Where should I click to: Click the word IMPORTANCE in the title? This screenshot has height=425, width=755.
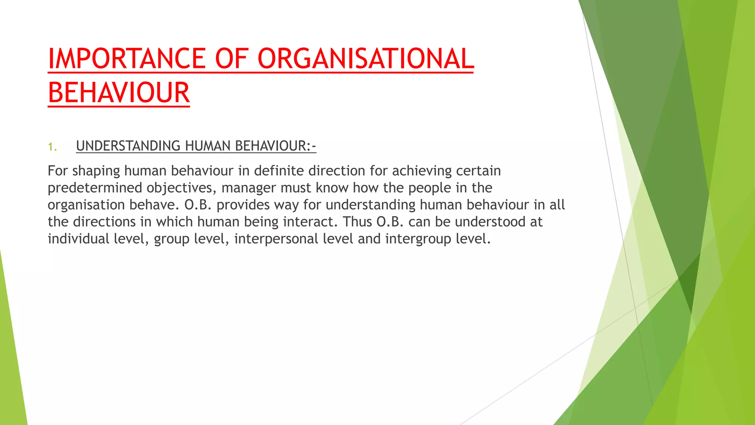click(x=127, y=59)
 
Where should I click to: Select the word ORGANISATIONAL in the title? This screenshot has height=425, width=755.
click(x=365, y=59)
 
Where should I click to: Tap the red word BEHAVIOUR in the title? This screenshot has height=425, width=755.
click(x=119, y=93)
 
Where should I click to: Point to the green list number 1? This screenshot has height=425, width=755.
click(x=52, y=147)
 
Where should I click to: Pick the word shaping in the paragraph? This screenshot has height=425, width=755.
click(x=96, y=171)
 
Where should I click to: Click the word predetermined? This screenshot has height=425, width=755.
click(x=95, y=188)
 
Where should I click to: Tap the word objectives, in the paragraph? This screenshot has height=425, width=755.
click(x=181, y=188)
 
